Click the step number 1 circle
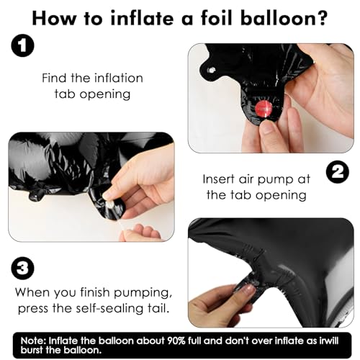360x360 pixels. pos(23,45)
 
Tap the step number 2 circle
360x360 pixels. pos(338,172)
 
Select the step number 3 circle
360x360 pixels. pos(23,268)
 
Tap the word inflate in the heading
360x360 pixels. pos(142,18)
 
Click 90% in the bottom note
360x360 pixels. pos(175,341)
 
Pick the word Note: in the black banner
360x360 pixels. pos(34,341)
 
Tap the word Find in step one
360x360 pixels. pos(54,78)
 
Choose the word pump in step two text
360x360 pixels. pos(275,180)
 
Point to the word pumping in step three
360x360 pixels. pos(143,293)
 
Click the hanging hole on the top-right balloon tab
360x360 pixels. pos(211,71)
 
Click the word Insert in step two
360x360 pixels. pos(218,179)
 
